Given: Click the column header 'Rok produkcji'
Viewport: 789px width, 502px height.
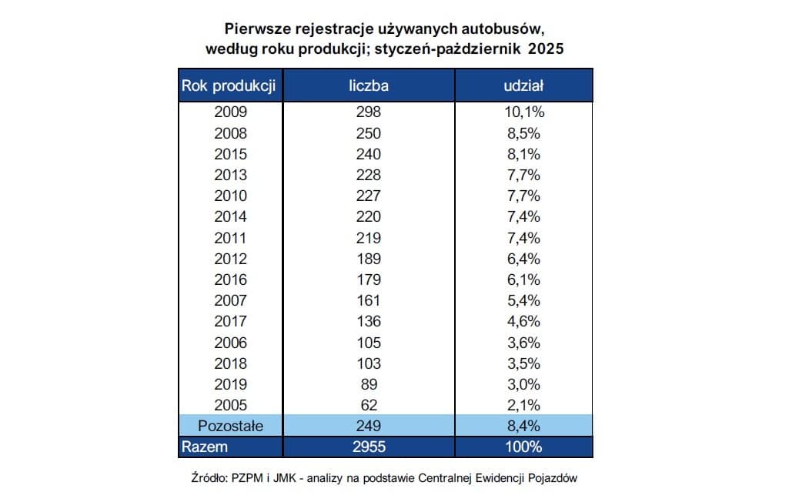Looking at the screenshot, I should pyautogui.click(x=229, y=85).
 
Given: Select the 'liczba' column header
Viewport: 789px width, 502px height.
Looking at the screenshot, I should pyautogui.click(x=368, y=85).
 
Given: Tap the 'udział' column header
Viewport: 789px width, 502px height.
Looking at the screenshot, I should pyautogui.click(x=523, y=85).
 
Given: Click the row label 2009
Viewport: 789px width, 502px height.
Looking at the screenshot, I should pyautogui.click(x=230, y=112).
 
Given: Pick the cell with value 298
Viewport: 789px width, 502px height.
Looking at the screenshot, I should pyautogui.click(x=368, y=112).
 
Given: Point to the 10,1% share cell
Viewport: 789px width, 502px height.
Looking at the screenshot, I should pyautogui.click(x=523, y=112).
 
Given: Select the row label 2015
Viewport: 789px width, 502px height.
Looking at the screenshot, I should pyautogui.click(x=230, y=154).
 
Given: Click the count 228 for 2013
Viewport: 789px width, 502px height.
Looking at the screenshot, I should pyautogui.click(x=368, y=175).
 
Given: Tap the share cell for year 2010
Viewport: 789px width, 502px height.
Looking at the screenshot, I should pyautogui.click(x=523, y=196).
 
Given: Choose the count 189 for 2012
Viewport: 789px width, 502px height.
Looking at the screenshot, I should pyautogui.click(x=368, y=259).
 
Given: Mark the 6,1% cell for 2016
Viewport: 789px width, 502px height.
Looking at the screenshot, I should pyautogui.click(x=523, y=279).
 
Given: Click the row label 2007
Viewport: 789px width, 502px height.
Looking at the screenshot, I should pyautogui.click(x=230, y=300).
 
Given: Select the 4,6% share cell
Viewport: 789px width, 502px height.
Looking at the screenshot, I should pyautogui.click(x=523, y=321).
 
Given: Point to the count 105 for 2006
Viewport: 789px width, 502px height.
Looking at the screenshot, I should pyautogui.click(x=368, y=342).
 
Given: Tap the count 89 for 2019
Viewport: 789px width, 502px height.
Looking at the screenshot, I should pyautogui.click(x=368, y=383).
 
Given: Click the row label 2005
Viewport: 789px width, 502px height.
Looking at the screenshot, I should pyautogui.click(x=230, y=404).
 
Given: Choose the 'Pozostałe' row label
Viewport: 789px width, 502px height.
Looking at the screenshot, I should pyautogui.click(x=230, y=426).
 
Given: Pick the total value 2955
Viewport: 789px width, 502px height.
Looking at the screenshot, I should pyautogui.click(x=368, y=447).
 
